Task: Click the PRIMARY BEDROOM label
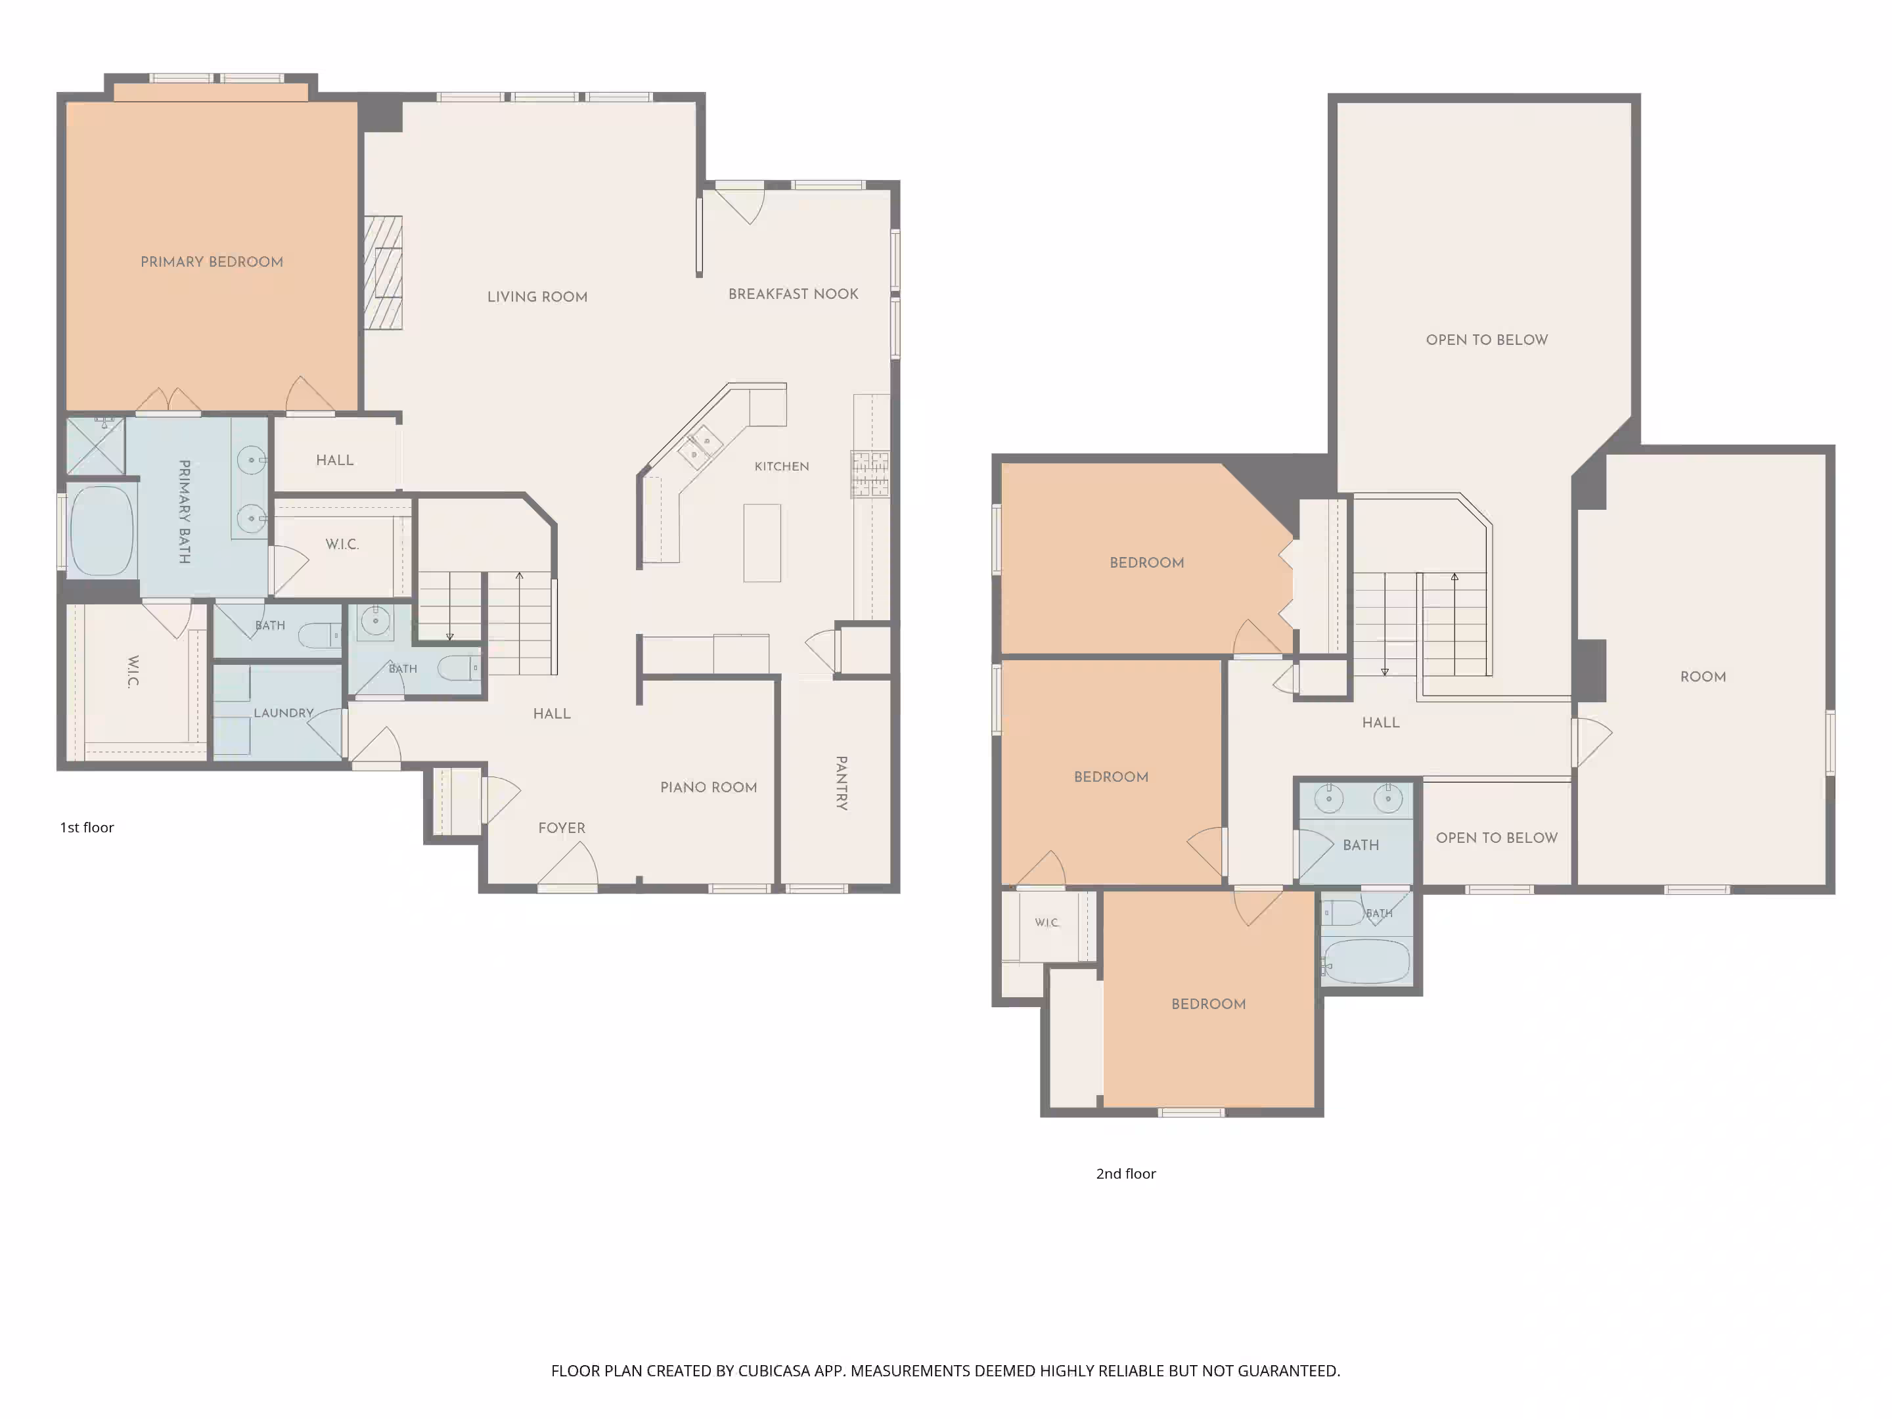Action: click(212, 261)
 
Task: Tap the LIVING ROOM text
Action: click(537, 297)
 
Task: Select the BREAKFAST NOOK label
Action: click(793, 294)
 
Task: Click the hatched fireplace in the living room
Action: click(383, 272)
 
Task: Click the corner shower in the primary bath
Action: click(96, 445)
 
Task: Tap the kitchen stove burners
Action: click(870, 474)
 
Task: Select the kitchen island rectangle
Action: click(762, 543)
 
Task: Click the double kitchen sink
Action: click(700, 447)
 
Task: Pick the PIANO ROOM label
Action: click(708, 788)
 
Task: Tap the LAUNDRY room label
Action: click(283, 713)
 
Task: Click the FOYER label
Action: click(562, 828)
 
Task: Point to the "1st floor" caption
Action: click(87, 827)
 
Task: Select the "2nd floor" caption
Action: click(1125, 1173)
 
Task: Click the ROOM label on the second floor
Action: click(1703, 677)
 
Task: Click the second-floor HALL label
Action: click(1380, 723)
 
